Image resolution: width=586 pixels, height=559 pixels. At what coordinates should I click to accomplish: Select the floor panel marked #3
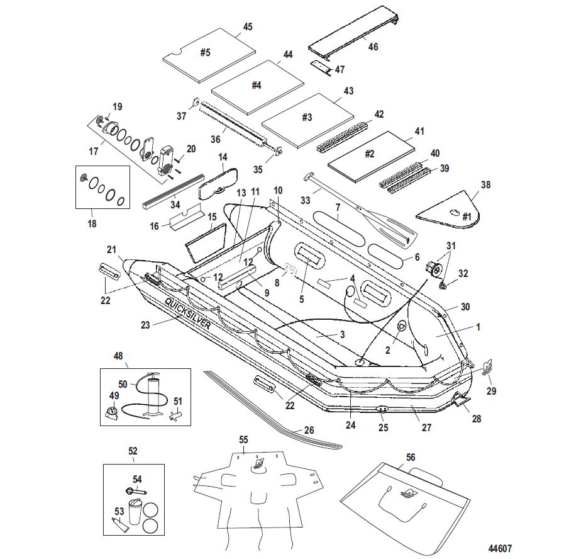pos(307,118)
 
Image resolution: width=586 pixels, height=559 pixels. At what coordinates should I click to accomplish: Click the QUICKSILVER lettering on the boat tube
pos(188,312)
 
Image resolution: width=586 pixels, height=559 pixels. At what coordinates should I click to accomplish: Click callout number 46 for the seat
pos(373,47)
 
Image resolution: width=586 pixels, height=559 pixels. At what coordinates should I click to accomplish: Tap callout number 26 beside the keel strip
pos(309,431)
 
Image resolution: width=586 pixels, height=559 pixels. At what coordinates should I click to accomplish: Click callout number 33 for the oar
pos(306,201)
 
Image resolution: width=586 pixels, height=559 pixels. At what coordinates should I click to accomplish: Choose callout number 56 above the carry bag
pos(411,458)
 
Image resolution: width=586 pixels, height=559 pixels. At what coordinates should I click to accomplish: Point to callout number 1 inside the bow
pos(478,327)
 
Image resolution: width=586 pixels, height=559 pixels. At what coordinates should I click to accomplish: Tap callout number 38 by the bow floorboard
pos(485,185)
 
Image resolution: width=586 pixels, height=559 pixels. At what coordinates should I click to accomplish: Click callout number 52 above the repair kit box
pos(133,451)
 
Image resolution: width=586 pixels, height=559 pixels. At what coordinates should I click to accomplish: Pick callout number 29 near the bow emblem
pos(492,390)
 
